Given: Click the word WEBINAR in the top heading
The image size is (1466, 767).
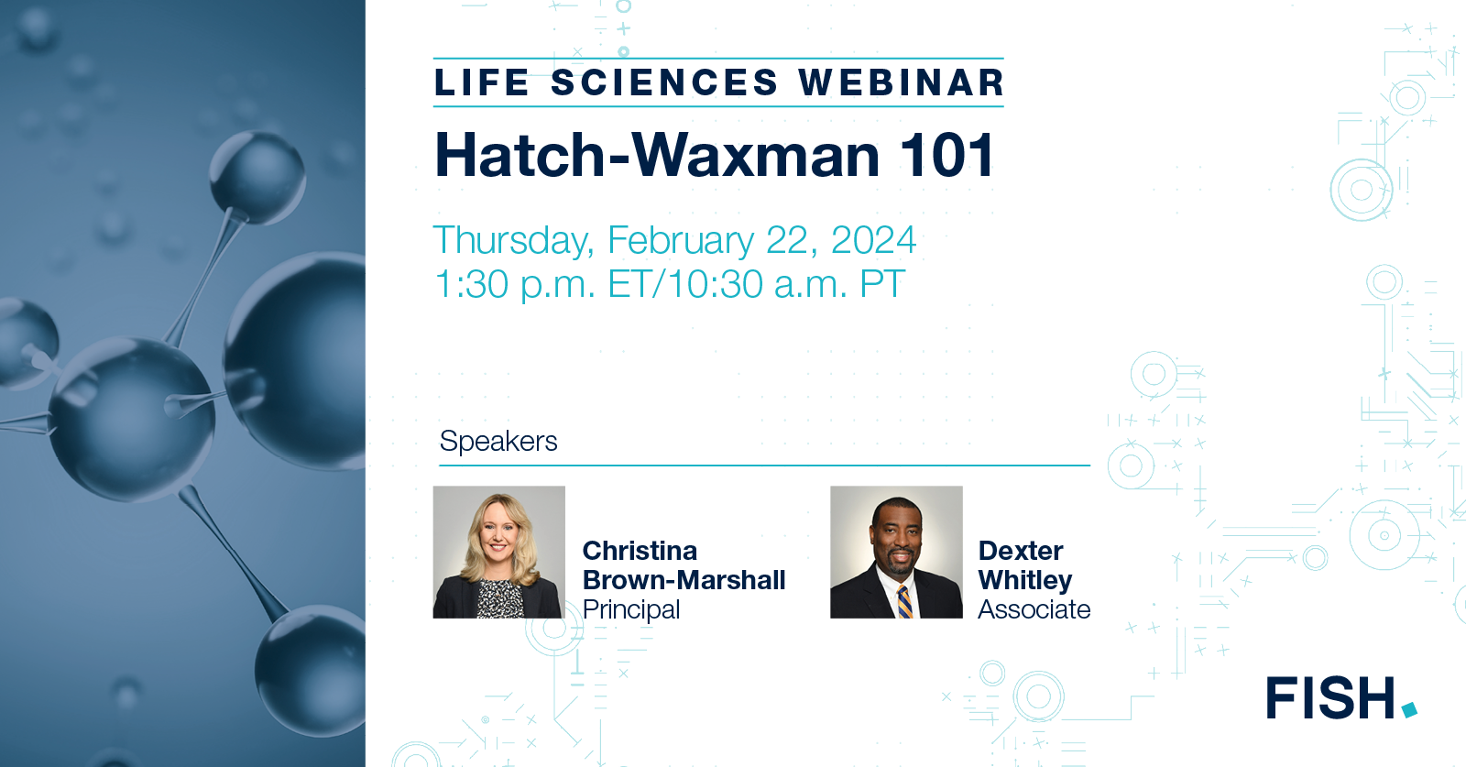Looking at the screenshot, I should coord(902,82).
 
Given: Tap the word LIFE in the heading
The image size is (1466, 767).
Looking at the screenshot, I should coord(482,82).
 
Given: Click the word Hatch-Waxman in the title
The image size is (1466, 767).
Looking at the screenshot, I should coord(657,155).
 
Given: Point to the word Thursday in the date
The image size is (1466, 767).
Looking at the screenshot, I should coord(513,241).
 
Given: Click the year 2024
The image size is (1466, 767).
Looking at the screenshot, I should coord(873,241).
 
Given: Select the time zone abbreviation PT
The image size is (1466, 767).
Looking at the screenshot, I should coord(882,285).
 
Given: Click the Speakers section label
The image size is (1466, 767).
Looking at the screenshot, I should coord(498,442).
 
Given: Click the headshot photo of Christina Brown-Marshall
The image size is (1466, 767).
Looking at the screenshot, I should coord(498,552).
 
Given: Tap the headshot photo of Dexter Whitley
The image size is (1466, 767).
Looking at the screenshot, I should coord(896,552).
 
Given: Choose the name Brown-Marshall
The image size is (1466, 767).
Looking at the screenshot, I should coord(684,580).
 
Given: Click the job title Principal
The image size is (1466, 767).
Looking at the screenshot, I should coord(631,609).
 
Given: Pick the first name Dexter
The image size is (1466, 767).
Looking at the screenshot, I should coord(1021,551).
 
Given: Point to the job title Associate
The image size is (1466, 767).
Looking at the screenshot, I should coord(1034,609).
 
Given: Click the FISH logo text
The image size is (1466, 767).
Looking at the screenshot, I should coord(1330,698).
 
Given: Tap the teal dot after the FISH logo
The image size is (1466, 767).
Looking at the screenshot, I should coord(1409,709).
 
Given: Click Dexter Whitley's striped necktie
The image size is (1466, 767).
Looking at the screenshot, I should coord(903,601).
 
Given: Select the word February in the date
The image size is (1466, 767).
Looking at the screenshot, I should coord(681,241).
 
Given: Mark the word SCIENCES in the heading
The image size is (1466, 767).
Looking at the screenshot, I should coord(664,82).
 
